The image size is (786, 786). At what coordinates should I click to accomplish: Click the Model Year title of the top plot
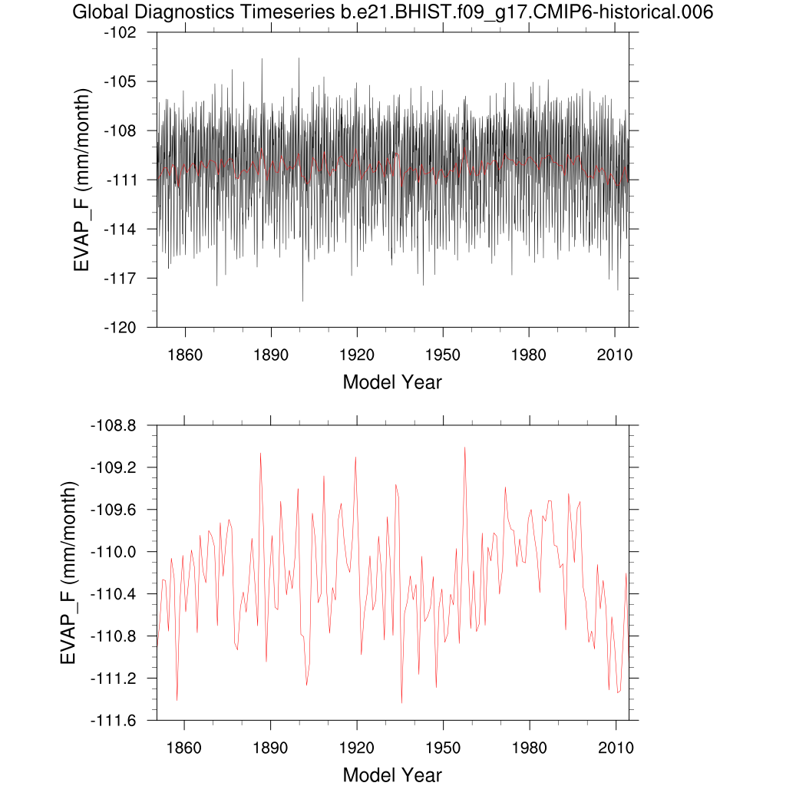click(x=392, y=381)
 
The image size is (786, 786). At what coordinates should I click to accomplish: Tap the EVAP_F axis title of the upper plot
click(x=83, y=180)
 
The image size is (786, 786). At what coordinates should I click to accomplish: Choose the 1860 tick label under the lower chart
click(x=184, y=748)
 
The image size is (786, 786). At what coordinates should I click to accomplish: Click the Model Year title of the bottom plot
click(x=392, y=774)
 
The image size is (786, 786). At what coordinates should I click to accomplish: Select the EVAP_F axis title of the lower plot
click(x=70, y=573)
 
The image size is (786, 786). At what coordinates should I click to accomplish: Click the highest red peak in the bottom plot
click(x=464, y=447)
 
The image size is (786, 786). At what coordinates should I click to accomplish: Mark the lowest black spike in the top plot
click(x=302, y=301)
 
